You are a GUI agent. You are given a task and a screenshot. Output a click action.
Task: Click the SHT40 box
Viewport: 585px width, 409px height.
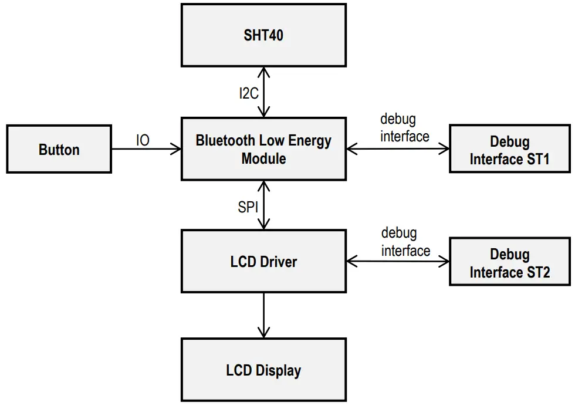pyautogui.click(x=263, y=35)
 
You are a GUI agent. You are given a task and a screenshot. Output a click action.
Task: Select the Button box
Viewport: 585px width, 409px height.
pyautogui.click(x=59, y=149)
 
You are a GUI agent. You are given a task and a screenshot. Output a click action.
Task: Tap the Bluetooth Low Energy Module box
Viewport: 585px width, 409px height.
pyautogui.click(x=263, y=149)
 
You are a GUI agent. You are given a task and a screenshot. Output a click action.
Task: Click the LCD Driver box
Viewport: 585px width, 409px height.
pyautogui.click(x=263, y=261)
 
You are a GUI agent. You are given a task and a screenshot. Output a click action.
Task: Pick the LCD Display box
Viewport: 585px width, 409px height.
pyautogui.click(x=263, y=370)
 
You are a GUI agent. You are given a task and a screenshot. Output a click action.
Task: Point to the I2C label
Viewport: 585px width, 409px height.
pyautogui.click(x=249, y=93)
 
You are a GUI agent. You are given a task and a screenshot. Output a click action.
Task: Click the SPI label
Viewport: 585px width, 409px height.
pyautogui.click(x=248, y=206)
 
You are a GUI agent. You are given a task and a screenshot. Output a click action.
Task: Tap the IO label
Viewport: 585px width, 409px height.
pyautogui.click(x=143, y=140)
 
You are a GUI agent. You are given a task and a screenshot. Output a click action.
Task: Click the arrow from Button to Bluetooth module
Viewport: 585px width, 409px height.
pyautogui.click(x=147, y=149)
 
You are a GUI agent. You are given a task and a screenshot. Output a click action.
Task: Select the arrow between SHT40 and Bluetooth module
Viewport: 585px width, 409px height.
pyautogui.click(x=264, y=92)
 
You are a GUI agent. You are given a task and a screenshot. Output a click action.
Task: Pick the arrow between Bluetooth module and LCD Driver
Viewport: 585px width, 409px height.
pyautogui.click(x=264, y=205)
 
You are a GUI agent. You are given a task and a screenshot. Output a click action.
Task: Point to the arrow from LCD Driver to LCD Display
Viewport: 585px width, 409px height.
pyautogui.click(x=264, y=315)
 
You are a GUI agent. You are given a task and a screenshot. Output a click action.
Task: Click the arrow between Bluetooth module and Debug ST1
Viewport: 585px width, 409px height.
pyautogui.click(x=398, y=149)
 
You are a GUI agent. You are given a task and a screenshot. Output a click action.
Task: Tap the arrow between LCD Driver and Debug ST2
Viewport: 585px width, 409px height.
pyautogui.click(x=398, y=262)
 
